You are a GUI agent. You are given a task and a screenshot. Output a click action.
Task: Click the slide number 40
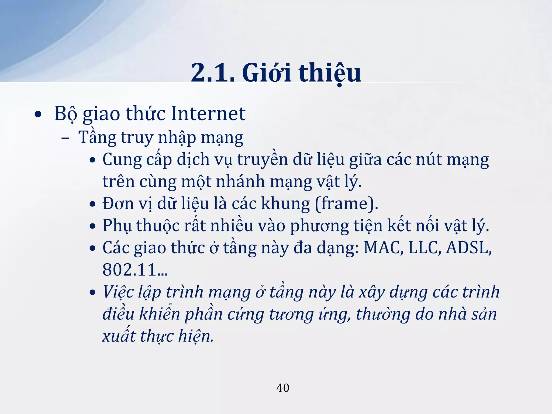(x=283, y=388)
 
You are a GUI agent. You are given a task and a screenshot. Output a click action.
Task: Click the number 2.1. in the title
(x=213, y=73)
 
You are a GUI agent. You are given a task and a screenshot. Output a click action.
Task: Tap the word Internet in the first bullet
(x=208, y=113)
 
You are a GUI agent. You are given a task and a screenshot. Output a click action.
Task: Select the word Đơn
(x=118, y=203)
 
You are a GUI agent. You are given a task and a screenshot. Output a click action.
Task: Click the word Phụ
(x=117, y=226)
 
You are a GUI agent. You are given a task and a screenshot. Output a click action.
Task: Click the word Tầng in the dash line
(x=97, y=137)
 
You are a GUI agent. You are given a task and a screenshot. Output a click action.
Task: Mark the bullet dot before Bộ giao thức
(x=38, y=114)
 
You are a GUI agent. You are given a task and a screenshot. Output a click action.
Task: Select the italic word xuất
(x=119, y=336)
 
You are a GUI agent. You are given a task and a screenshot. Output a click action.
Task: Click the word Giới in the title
(x=267, y=73)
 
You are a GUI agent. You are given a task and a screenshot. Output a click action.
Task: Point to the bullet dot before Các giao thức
(x=92, y=248)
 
